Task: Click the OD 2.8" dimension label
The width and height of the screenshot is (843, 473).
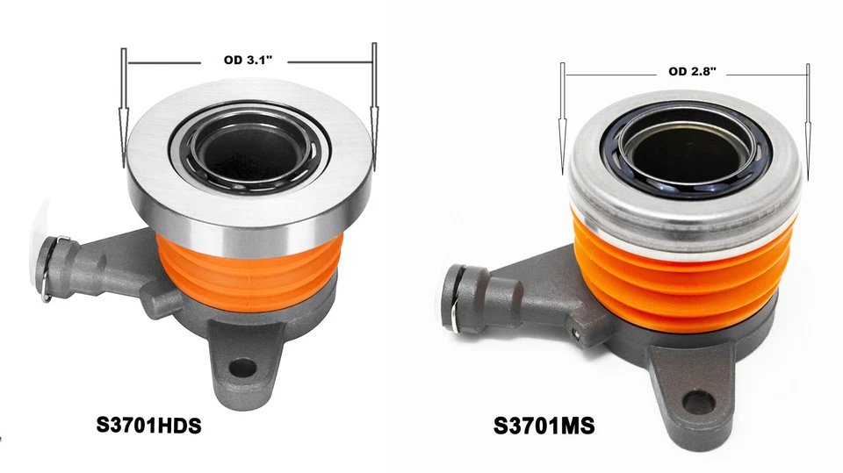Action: tap(692, 72)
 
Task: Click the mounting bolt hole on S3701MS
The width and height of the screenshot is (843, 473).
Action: tap(699, 403)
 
